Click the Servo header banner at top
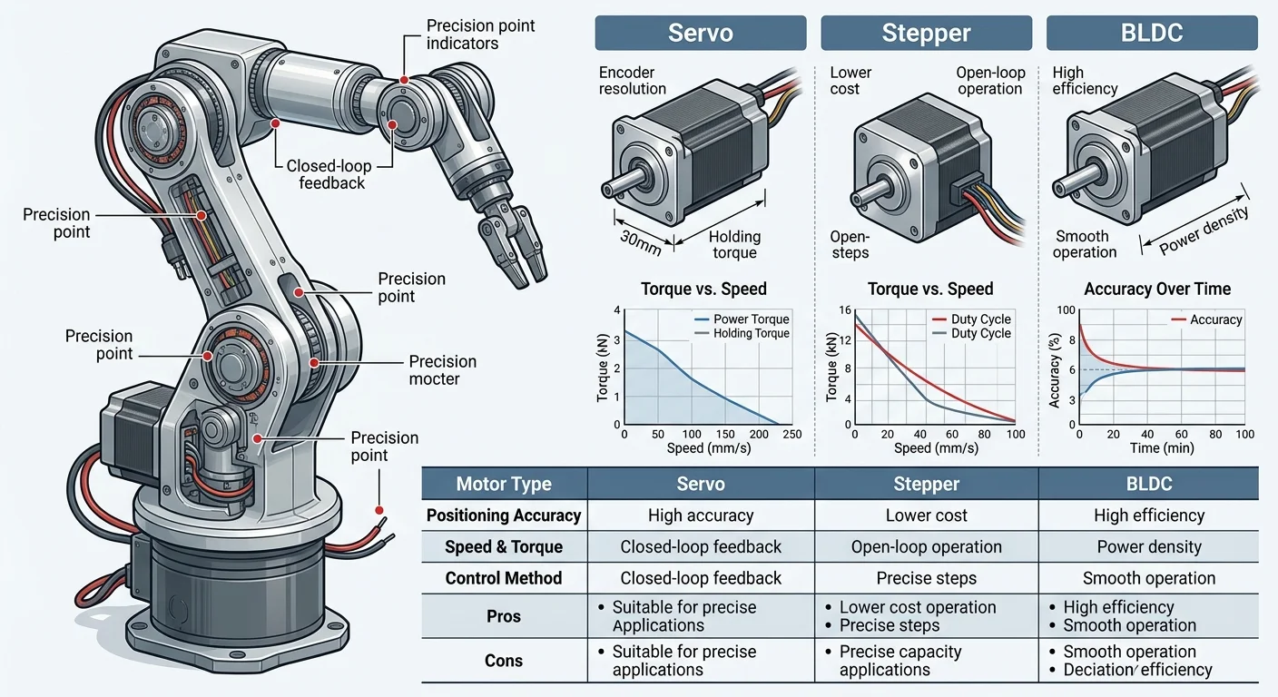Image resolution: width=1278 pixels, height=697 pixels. tap(700, 34)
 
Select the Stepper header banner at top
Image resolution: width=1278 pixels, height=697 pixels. tap(926, 34)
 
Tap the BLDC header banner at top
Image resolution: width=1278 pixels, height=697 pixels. tap(1151, 34)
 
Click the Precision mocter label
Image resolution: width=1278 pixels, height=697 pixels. tap(442, 370)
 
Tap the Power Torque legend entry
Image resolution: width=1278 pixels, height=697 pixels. tap(751, 319)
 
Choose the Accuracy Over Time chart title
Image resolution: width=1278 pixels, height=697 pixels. tap(1157, 289)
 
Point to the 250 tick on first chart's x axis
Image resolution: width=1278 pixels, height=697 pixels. tap(791, 435)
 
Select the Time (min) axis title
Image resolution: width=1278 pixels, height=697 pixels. tap(1157, 448)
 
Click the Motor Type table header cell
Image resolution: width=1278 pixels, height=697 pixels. tap(503, 484)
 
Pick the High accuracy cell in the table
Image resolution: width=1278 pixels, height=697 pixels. tap(701, 515)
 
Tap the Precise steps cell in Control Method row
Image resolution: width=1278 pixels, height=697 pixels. tap(926, 578)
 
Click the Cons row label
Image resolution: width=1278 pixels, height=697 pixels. tap(503, 661)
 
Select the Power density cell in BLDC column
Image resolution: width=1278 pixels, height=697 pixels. tap(1148, 547)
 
